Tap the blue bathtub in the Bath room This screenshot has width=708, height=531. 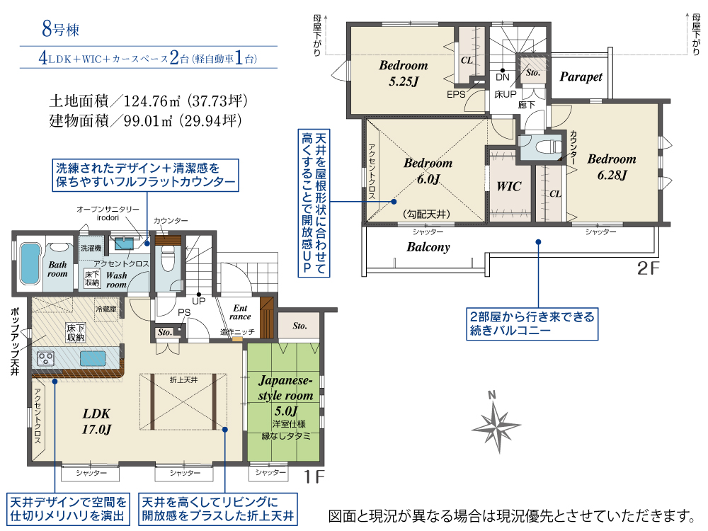click(30, 264)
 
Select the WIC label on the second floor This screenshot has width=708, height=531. click(509, 186)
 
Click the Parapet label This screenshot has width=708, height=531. click(581, 77)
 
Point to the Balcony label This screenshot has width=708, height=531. click(428, 247)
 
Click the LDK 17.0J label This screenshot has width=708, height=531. click(96, 421)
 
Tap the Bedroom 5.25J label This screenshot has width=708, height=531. click(404, 73)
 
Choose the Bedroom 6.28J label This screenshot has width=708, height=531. click(612, 167)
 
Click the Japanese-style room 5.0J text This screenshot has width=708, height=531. click(286, 396)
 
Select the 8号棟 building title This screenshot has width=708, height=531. click(60, 29)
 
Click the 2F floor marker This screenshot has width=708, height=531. click(648, 268)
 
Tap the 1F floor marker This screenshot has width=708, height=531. click(314, 476)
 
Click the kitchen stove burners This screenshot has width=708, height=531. click(45, 358)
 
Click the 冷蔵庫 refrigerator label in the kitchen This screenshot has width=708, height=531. click(106, 309)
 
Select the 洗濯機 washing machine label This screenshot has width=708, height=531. click(91, 248)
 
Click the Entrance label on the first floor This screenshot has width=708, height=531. click(240, 312)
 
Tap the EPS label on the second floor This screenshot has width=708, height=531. click(455, 94)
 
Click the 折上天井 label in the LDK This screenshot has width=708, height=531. click(184, 380)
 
